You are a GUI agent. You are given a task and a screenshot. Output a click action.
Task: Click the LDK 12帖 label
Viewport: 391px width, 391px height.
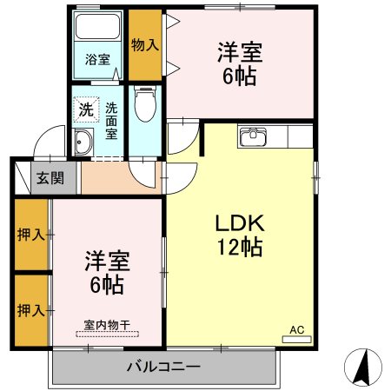(x=239, y=235)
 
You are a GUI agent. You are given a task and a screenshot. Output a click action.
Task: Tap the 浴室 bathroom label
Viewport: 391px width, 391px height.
(x=97, y=60)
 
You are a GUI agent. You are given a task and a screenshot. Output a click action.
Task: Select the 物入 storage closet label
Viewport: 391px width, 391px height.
(x=145, y=44)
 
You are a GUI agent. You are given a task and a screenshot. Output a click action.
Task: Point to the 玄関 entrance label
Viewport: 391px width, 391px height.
(x=48, y=179)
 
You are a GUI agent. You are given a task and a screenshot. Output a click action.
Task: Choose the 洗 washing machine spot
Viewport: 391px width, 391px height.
(x=85, y=109)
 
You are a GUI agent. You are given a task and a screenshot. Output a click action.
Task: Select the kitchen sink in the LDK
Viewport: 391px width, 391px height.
(x=255, y=136)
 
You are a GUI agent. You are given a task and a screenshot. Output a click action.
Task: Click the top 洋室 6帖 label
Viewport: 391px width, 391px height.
(x=236, y=63)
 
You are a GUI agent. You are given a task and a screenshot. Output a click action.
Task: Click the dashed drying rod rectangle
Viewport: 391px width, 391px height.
(x=107, y=333)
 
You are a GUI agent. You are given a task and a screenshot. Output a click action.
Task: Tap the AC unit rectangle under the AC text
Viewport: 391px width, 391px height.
(x=296, y=339)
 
